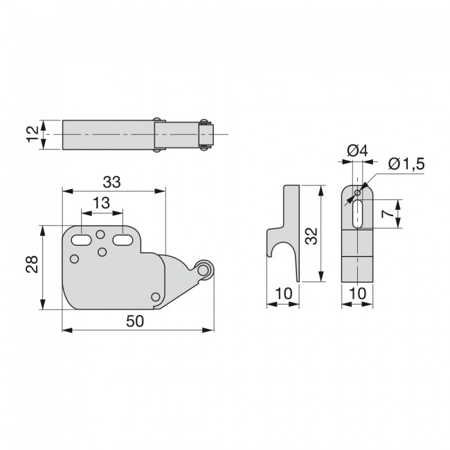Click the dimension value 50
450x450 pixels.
tap(135, 321)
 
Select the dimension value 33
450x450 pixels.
tap(112, 182)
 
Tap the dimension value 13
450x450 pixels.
tap(101, 203)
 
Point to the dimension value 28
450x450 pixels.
tap(32, 264)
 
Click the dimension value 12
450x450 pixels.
tap(33, 134)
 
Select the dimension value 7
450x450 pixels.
tap(388, 213)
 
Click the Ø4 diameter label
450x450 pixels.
tap(357, 151)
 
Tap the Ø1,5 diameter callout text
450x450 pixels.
tap(406, 165)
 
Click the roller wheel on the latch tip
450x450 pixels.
tap(203, 270)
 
